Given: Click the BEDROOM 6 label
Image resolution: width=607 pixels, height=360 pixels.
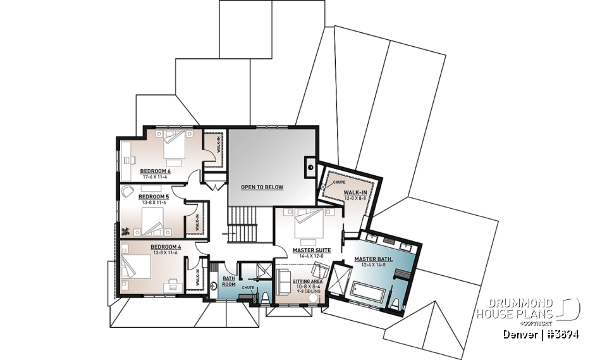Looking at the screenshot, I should pyautogui.click(x=156, y=171).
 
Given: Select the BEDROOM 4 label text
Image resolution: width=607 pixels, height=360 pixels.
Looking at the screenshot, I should pyautogui.click(x=166, y=246).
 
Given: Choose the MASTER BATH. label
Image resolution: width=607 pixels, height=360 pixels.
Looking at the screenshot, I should pyautogui.click(x=374, y=259).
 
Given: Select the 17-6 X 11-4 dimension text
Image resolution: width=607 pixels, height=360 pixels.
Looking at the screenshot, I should pyautogui.click(x=156, y=177).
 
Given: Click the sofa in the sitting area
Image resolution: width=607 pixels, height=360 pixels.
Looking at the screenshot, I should pyautogui.click(x=283, y=276).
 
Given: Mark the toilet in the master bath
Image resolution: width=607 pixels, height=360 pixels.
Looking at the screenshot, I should pyautogui.click(x=396, y=306).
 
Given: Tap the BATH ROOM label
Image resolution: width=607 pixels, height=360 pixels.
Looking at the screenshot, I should pyautogui.click(x=228, y=282).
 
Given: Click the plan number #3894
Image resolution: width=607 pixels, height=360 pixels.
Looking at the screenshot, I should pyautogui.click(x=563, y=334).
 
